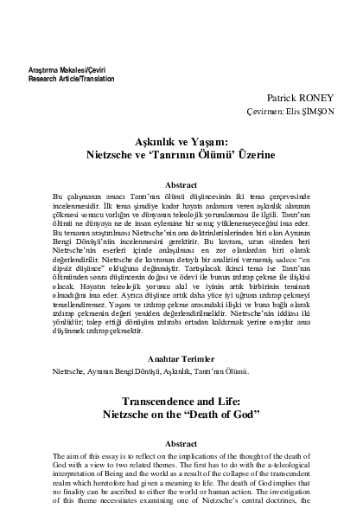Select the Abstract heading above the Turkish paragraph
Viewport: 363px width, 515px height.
click(x=181, y=184)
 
